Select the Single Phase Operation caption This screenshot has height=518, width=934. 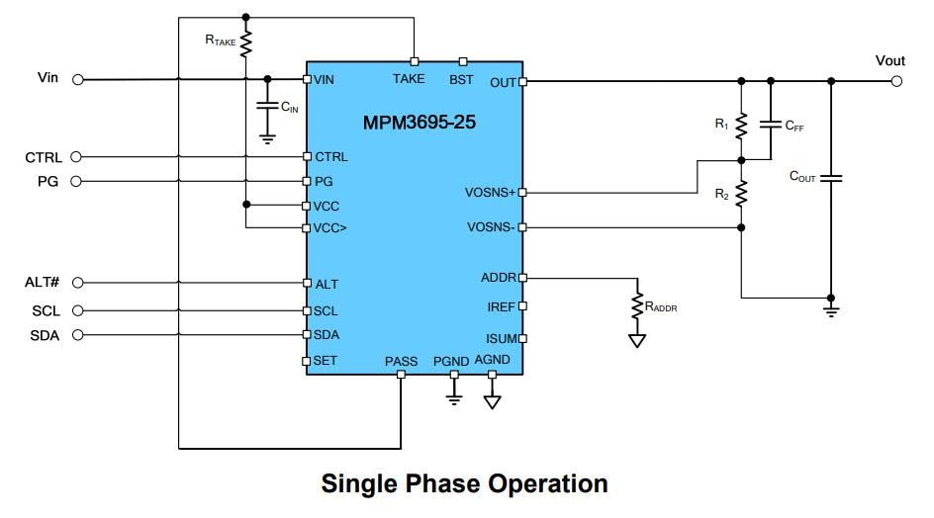pyautogui.click(x=464, y=483)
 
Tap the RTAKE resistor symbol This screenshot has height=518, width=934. pyautogui.click(x=245, y=43)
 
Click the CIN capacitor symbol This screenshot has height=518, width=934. pyautogui.click(x=266, y=107)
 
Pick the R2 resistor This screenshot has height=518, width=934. pyautogui.click(x=741, y=194)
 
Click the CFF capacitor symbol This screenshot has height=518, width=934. pyautogui.click(x=771, y=126)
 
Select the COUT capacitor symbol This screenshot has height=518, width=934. pyautogui.click(x=831, y=178)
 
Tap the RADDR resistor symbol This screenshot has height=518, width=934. pyautogui.click(x=637, y=307)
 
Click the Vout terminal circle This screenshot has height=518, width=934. pyautogui.click(x=896, y=80)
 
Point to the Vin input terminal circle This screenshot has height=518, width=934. pyautogui.click(x=77, y=79)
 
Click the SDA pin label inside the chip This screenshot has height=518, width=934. pyautogui.click(x=327, y=335)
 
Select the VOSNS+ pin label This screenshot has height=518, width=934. pyautogui.click(x=490, y=192)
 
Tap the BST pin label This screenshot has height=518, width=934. pyautogui.click(x=461, y=79)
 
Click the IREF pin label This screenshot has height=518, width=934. pyautogui.click(x=500, y=307)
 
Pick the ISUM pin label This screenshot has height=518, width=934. pyautogui.click(x=500, y=339)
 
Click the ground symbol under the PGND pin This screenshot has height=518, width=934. pyautogui.click(x=454, y=396)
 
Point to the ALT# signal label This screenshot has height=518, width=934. pyautogui.click(x=43, y=283)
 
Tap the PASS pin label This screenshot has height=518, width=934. pyautogui.click(x=401, y=361)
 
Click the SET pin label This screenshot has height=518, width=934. pyautogui.click(x=326, y=361)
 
